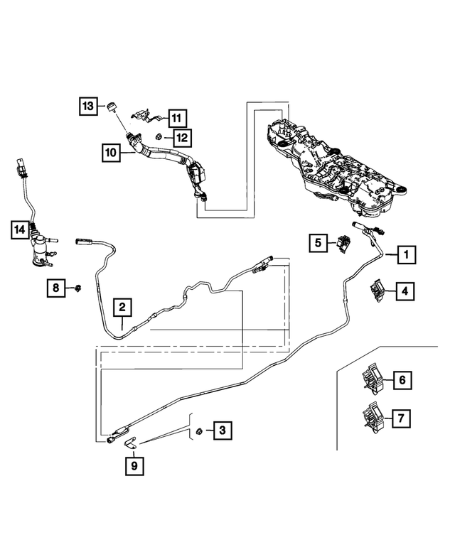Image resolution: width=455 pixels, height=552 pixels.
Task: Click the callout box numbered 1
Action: [x=406, y=253]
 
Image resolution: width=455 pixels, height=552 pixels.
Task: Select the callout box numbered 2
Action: [x=122, y=307]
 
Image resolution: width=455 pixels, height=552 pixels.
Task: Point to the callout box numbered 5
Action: [x=318, y=243]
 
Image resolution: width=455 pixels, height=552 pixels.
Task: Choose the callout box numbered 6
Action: [x=402, y=381]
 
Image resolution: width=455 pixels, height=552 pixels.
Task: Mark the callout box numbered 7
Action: [x=402, y=418]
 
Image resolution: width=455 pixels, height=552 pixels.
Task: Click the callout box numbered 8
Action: [x=57, y=288]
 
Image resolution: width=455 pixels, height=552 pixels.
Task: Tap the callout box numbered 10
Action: [x=110, y=151]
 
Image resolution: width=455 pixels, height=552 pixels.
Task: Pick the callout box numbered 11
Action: [x=176, y=117]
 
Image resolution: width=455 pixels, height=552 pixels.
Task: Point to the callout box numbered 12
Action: [x=182, y=136]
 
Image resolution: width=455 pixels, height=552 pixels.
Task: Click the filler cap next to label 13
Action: [x=111, y=108]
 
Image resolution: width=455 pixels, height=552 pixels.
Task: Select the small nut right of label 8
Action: [x=77, y=288]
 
